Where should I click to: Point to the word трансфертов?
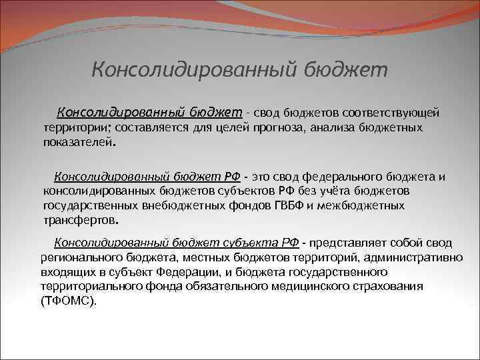coord(79,221)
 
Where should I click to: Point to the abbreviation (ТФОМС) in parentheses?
coord(68,301)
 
